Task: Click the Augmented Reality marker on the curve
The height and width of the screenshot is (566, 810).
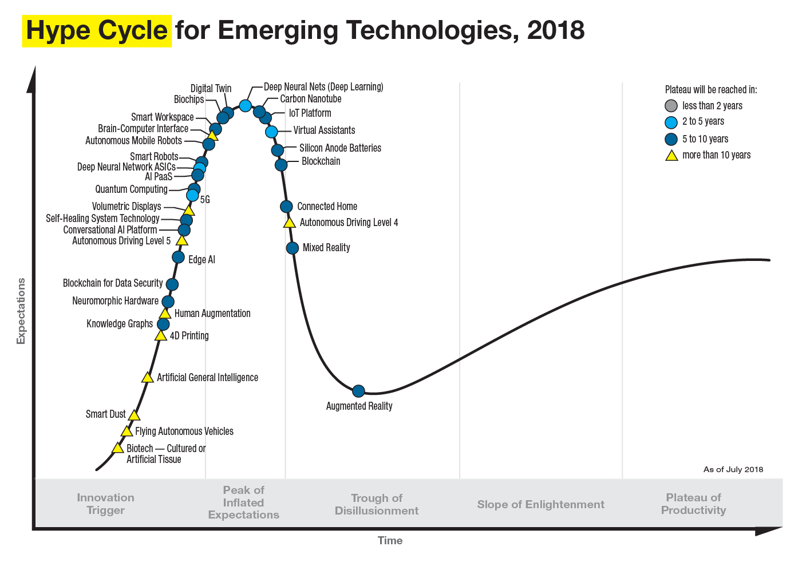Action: (358, 391)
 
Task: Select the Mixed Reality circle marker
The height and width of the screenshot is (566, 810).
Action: (292, 248)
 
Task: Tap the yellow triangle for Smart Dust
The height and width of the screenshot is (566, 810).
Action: (134, 415)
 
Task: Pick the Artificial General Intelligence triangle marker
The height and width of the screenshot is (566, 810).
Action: (147, 378)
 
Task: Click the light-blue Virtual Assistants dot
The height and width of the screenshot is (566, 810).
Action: (271, 132)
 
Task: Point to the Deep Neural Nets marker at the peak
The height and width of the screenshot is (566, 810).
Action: (245, 105)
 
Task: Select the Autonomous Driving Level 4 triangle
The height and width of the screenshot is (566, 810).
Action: (290, 223)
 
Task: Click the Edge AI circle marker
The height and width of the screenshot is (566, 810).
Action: (178, 258)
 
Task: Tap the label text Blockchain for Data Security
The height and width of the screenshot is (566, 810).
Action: (112, 283)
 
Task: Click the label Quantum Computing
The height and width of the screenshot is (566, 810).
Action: (131, 189)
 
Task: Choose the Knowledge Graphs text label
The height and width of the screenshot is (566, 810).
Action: (120, 324)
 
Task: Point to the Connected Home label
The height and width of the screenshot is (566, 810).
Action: (327, 207)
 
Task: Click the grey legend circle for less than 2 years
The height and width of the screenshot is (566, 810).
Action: (671, 106)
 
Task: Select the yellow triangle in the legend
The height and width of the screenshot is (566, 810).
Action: (671, 155)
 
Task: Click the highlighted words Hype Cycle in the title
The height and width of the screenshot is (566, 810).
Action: (97, 30)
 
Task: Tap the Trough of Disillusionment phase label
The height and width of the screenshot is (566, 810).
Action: (376, 504)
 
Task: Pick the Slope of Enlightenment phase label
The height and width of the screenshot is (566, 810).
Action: (540, 504)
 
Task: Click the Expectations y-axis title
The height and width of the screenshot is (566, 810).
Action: (21, 311)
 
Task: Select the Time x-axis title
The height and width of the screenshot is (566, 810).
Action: (390, 540)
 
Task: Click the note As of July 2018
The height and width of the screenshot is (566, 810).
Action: (733, 469)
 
